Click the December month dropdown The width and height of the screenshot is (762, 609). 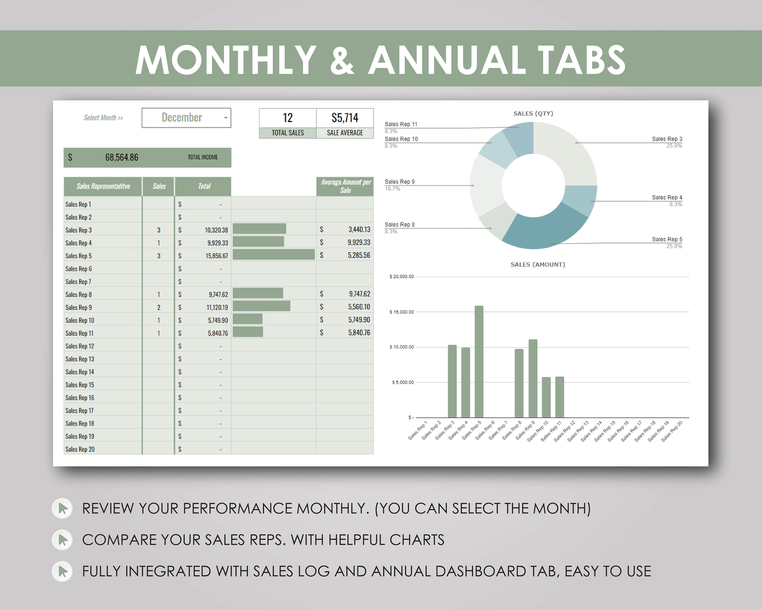click(x=186, y=117)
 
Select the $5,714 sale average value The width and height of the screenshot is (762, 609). click(x=345, y=117)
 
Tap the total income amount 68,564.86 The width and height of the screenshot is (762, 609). click(x=122, y=158)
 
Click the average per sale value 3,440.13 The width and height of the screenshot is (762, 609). click(x=359, y=229)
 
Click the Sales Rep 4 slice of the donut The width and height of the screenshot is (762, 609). click(x=580, y=199)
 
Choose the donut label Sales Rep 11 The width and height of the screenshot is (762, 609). click(x=401, y=124)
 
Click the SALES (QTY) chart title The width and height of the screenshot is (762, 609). click(x=533, y=114)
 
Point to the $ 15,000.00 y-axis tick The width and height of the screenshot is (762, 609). click(x=402, y=312)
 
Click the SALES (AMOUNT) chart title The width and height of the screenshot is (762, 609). click(x=537, y=265)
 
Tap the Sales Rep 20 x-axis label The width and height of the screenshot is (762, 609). click(x=672, y=431)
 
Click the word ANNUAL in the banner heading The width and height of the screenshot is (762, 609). click(x=447, y=60)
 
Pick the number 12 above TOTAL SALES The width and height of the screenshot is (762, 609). click(x=288, y=117)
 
